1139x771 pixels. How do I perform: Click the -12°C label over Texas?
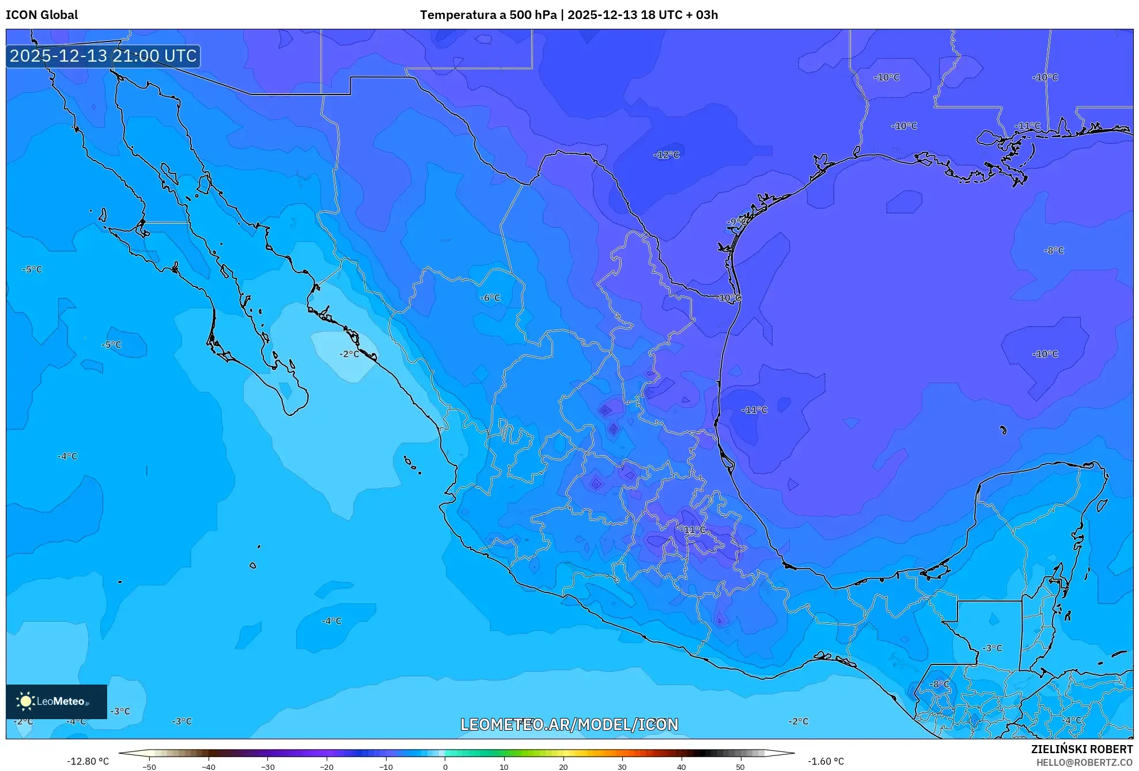pos(667,155)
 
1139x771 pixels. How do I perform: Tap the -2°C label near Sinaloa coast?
pos(349,354)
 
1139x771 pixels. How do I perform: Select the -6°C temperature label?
pos(490,298)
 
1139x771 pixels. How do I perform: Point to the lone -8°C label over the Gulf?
pos(1054,251)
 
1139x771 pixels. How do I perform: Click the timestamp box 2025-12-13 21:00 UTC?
pos(104,56)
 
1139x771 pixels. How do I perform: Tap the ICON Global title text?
pos(42,15)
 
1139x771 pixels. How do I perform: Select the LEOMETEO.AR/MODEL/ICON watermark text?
pos(569,724)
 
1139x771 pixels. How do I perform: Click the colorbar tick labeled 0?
pos(445,766)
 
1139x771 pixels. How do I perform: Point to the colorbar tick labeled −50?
pos(149,766)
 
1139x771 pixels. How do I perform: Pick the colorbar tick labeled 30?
pos(622,766)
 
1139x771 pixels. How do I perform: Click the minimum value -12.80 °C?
pos(88,761)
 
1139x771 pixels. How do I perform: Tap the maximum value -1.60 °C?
pos(826,761)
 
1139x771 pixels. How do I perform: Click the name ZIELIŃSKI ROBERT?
pos(1081,749)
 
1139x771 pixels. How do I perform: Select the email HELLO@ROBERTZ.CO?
pos(1084,762)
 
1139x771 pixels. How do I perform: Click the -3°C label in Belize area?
pos(992,648)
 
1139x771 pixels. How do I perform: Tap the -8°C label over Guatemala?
pos(940,684)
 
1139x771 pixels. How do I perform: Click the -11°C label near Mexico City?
pos(693,530)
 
